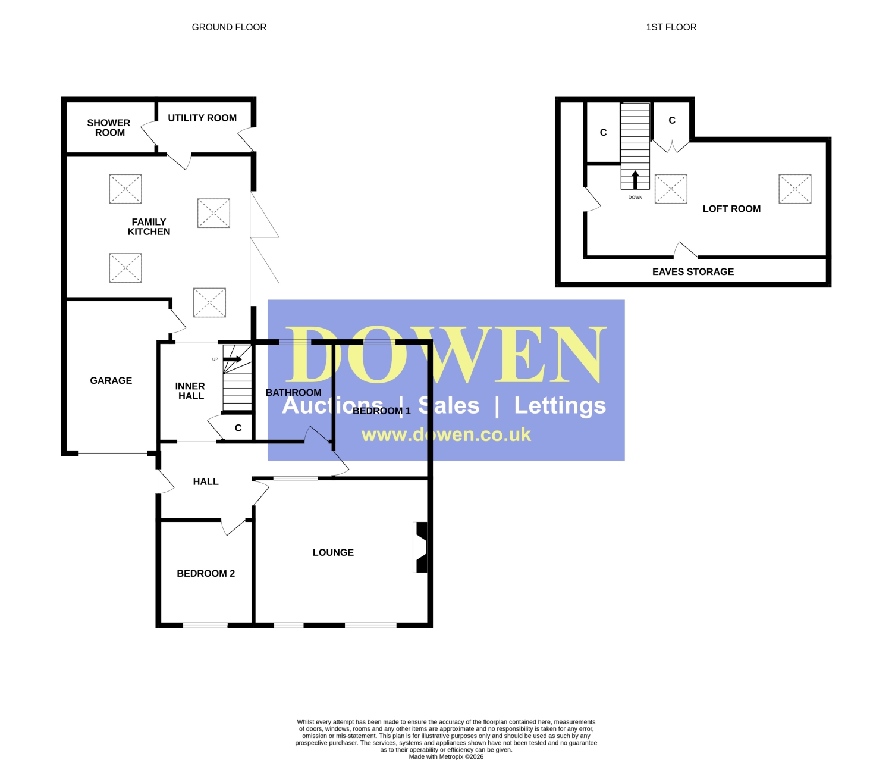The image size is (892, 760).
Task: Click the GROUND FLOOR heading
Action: (229, 27)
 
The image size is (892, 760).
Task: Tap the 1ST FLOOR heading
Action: (671, 27)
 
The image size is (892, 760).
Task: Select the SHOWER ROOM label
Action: (109, 128)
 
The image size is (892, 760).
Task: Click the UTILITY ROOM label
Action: (202, 118)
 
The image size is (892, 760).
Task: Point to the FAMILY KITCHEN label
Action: (149, 227)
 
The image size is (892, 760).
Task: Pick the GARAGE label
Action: (111, 380)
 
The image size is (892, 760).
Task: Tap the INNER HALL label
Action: (190, 391)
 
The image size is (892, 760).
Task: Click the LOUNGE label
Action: (333, 552)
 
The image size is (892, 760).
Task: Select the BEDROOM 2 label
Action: (206, 574)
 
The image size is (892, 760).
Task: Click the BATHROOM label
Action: (293, 393)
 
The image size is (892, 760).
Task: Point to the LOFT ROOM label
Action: (731, 209)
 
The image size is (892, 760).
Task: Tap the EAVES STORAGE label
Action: (693, 271)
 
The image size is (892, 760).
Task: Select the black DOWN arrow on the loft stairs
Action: (635, 180)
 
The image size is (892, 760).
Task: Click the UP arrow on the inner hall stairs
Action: (233, 359)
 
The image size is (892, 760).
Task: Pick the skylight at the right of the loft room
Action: (795, 189)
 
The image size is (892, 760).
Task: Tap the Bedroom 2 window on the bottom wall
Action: (205, 625)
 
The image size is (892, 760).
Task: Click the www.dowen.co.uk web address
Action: (446, 435)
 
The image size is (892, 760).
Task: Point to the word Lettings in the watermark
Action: (560, 406)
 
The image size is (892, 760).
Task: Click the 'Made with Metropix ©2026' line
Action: (446, 756)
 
